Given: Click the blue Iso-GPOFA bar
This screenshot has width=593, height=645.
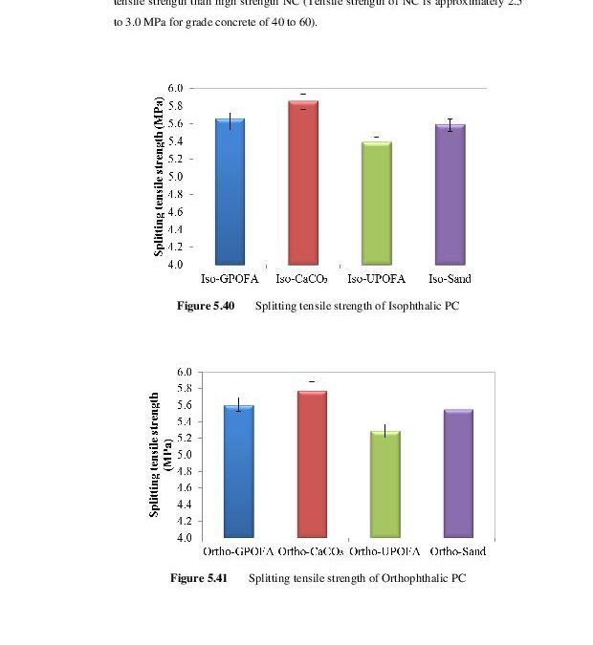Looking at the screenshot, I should [x=230, y=192].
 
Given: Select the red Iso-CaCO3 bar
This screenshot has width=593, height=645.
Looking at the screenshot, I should [x=303, y=183].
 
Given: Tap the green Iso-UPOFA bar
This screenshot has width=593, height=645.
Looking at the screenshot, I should [x=376, y=203].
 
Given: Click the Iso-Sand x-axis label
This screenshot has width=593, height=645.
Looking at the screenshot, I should [x=450, y=279].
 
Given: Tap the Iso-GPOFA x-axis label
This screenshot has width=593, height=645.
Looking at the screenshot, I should [x=230, y=279].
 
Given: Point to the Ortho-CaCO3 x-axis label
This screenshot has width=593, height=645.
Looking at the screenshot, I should [x=312, y=551].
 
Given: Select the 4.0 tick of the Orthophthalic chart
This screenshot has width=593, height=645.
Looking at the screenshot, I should [x=184, y=538].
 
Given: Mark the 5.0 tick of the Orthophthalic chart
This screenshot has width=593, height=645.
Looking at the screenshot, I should [x=184, y=455].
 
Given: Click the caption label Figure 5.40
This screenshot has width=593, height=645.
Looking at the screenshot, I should [x=206, y=306].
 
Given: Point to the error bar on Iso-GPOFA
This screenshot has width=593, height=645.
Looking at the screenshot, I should [x=230, y=119].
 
